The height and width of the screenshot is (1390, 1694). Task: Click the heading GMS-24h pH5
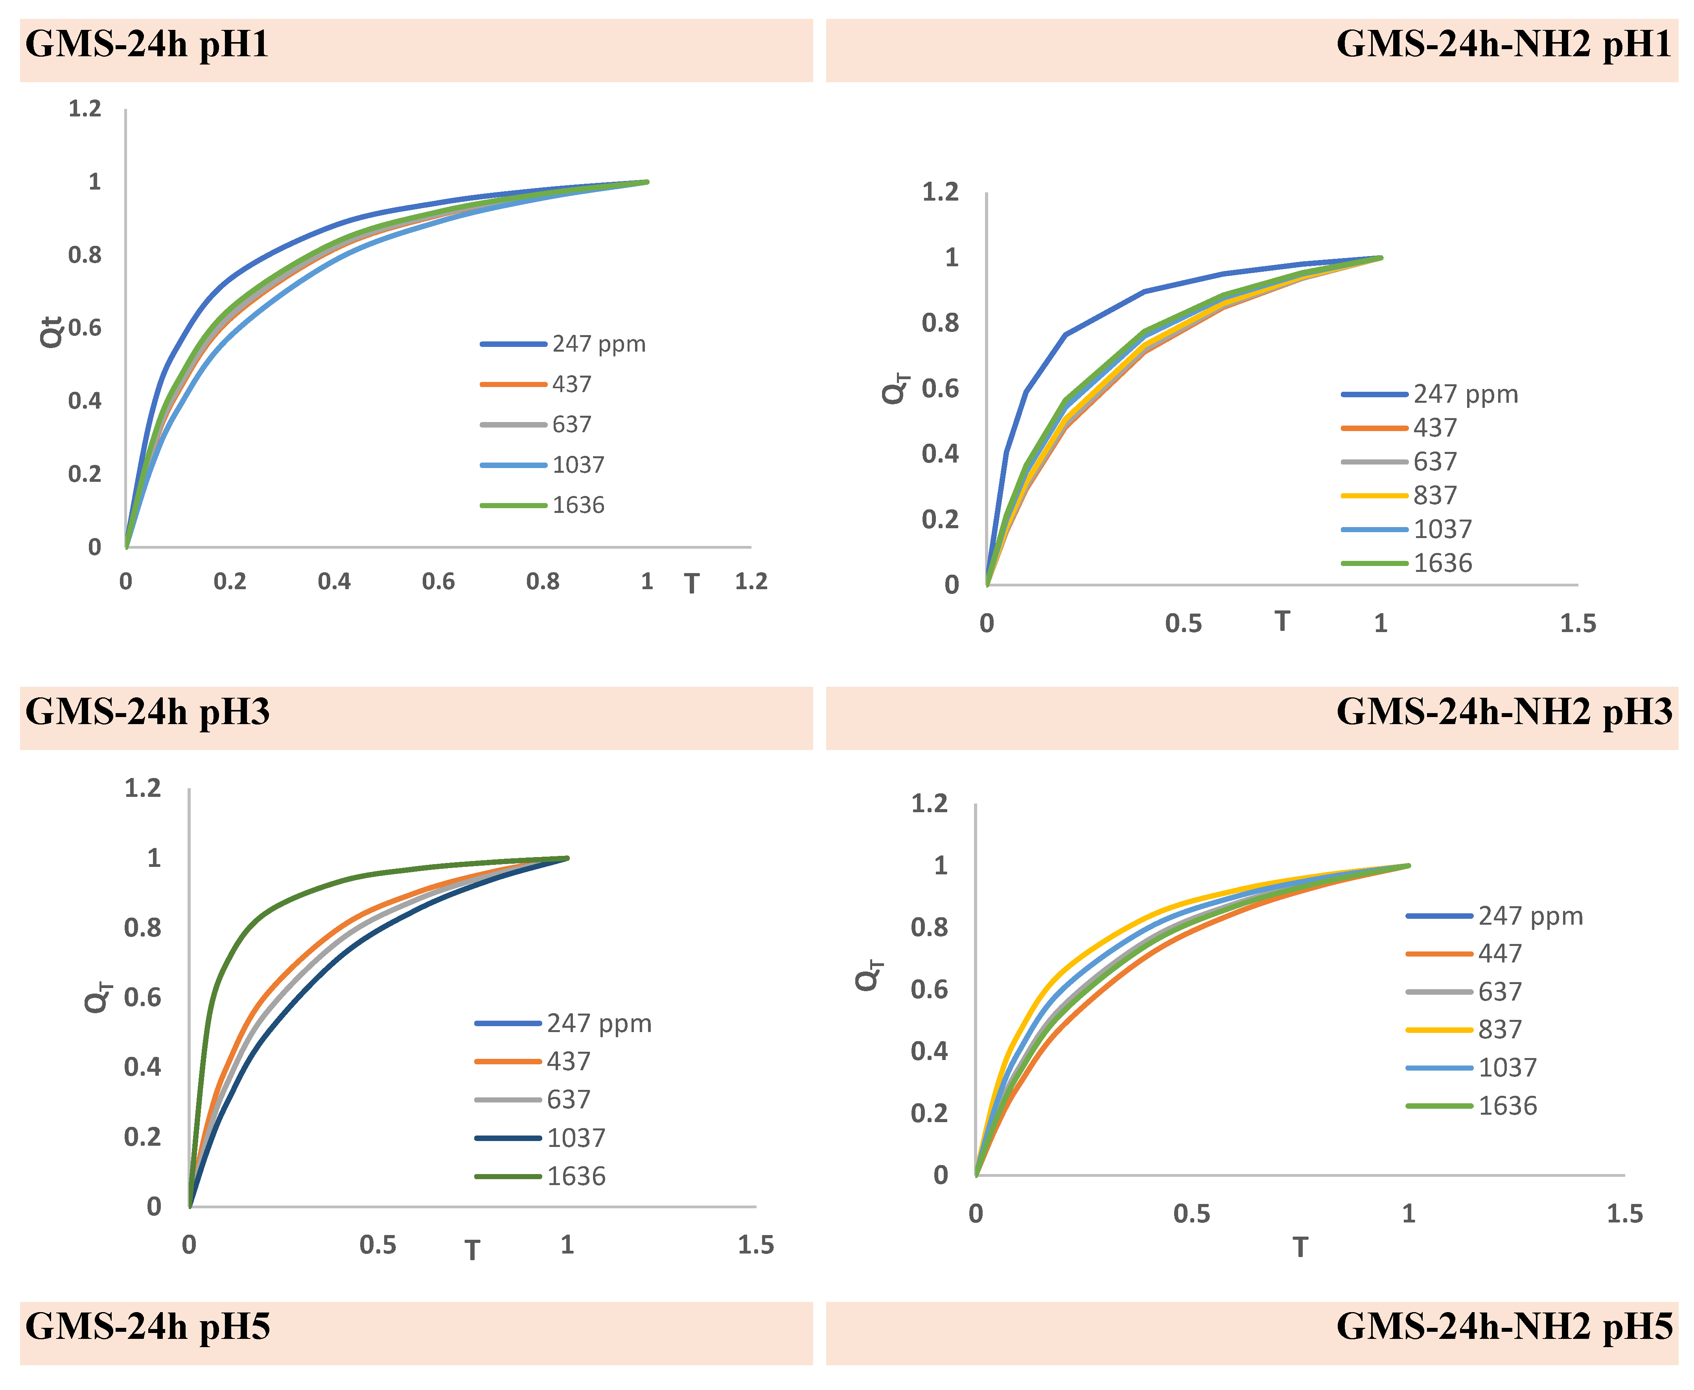[147, 1327]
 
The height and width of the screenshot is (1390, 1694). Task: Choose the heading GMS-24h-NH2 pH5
[1503, 1327]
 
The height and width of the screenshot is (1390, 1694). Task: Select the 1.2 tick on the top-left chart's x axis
[751, 581]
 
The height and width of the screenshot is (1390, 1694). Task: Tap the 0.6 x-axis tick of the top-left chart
[438, 581]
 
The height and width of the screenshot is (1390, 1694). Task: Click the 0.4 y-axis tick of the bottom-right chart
[929, 1051]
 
